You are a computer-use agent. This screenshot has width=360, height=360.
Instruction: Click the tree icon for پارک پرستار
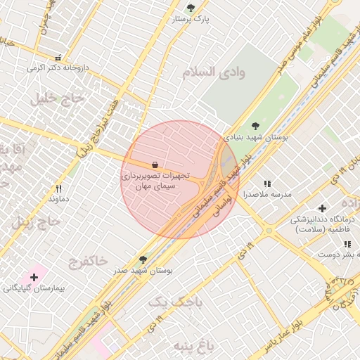(191, 8)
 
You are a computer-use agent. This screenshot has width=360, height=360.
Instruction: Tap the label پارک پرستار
(191, 20)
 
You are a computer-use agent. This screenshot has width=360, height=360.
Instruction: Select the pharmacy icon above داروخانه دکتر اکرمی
(58, 57)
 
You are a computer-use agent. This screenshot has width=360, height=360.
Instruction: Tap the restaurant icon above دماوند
(58, 188)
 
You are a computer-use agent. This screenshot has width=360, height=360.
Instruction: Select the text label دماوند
(58, 200)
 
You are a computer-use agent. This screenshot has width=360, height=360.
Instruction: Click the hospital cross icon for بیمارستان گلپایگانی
(34, 278)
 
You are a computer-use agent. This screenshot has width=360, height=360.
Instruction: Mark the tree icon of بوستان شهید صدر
(143, 259)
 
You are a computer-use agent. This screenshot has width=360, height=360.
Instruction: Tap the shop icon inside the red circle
(154, 164)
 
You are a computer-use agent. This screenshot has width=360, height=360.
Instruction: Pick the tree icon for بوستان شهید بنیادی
(255, 126)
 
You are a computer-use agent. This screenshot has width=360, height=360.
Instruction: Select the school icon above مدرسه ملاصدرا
(266, 183)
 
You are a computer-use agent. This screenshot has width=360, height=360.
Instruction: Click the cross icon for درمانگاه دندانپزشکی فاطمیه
(322, 208)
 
